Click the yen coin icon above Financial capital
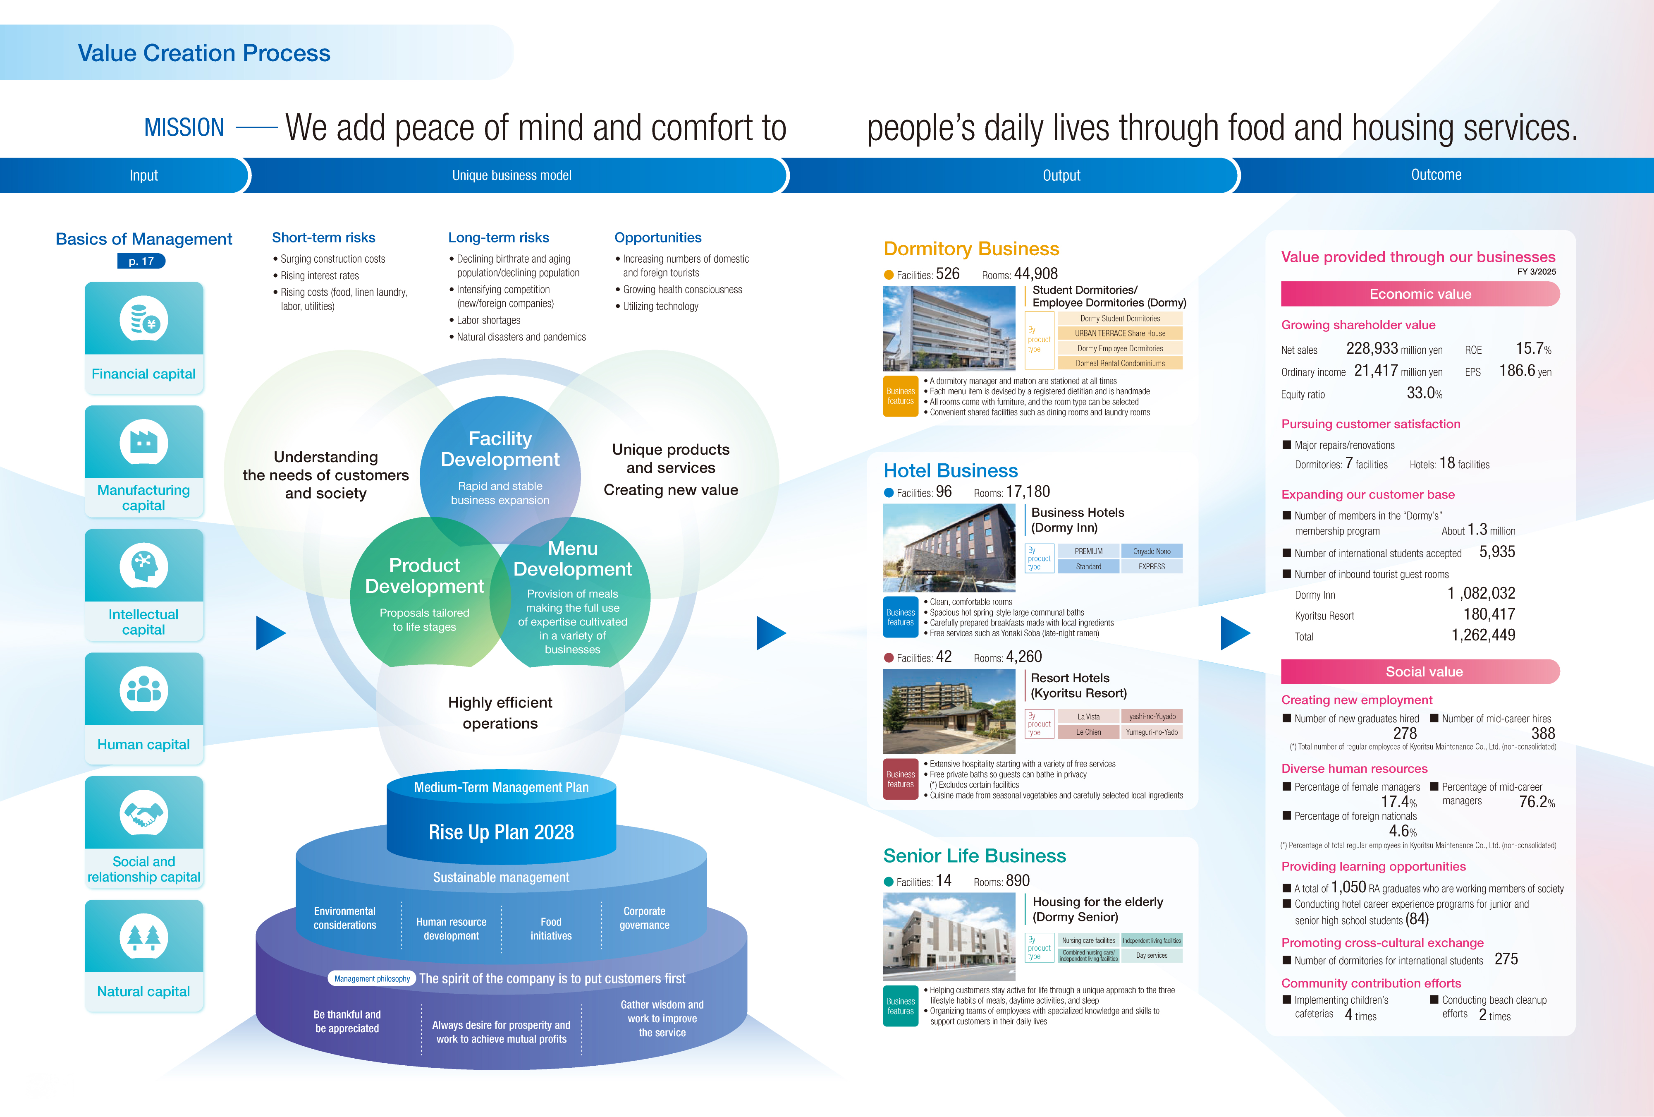point(144,320)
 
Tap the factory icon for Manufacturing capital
point(144,443)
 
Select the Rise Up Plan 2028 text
point(501,832)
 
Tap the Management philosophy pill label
point(371,979)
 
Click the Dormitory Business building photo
point(949,328)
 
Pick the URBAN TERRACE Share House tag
point(1119,333)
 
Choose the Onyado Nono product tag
point(1152,551)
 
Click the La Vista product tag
point(1088,717)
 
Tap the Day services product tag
point(1152,955)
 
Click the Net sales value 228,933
point(1372,348)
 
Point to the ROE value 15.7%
point(1532,348)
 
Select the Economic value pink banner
point(1420,294)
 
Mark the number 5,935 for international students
point(1497,552)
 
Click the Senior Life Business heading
point(974,856)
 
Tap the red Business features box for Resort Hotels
point(900,779)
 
